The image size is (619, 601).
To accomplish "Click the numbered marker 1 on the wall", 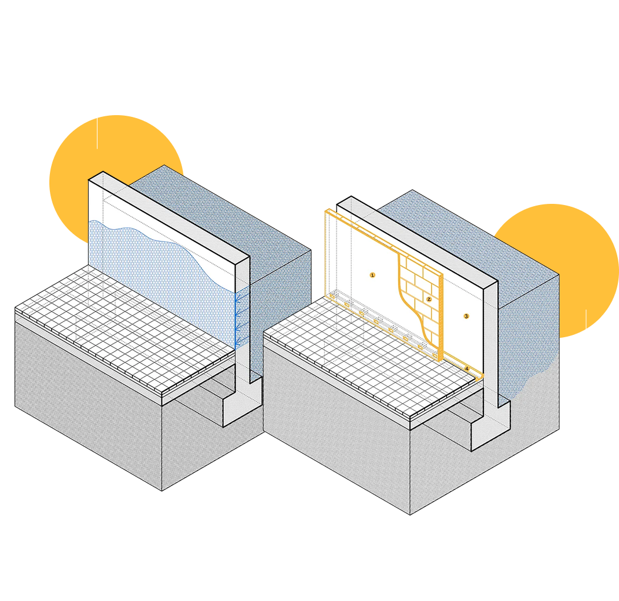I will point(372,274).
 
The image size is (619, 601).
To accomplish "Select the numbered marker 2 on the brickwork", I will point(429,299).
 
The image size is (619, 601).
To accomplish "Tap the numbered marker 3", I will point(466,316).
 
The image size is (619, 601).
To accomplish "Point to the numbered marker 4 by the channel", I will point(467,368).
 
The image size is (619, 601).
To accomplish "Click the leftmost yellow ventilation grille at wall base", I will point(332,298).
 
